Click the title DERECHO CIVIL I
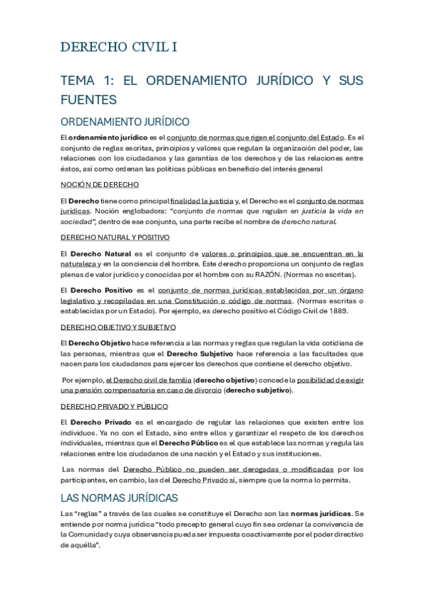click(x=119, y=47)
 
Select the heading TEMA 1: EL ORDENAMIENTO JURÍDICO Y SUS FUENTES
click(x=212, y=90)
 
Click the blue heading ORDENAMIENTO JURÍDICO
click(x=125, y=121)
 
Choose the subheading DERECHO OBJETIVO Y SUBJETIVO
click(x=118, y=327)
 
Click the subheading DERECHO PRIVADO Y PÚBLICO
click(x=114, y=406)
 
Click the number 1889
click(x=354, y=310)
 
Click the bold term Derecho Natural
click(x=101, y=253)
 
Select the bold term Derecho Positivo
click(x=101, y=290)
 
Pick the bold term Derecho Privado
click(x=100, y=422)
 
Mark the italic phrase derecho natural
click(x=309, y=222)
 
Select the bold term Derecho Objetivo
click(x=100, y=343)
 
